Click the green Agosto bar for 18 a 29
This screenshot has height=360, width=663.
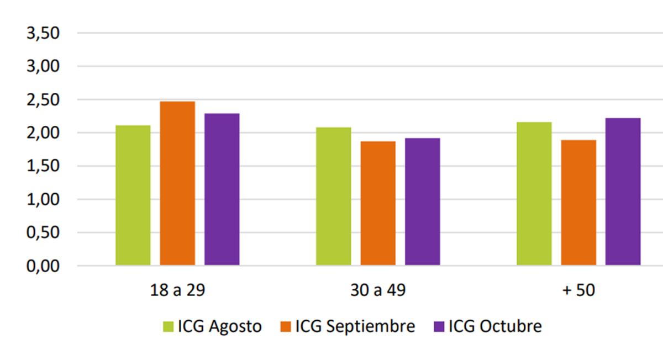click(133, 195)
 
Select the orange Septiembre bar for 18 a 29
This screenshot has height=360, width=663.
click(177, 183)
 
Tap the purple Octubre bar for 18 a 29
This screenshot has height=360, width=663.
click(222, 189)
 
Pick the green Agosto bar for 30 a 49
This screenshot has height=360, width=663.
click(333, 197)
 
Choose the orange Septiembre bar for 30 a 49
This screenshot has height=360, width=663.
click(378, 203)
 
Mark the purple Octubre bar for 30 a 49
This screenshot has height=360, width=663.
click(422, 202)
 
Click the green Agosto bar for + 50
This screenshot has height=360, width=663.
click(534, 194)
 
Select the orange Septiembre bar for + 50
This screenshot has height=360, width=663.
click(578, 203)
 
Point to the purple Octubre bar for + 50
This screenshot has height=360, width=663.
click(623, 192)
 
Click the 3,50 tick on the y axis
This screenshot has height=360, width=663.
click(43, 33)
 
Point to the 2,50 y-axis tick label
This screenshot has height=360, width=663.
click(43, 100)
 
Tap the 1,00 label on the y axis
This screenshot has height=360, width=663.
click(43, 199)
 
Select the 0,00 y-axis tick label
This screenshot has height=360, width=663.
click(43, 266)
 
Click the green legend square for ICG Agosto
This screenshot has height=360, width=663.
click(169, 327)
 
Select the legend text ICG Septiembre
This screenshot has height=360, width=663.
click(355, 326)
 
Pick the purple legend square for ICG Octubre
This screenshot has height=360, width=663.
click(439, 327)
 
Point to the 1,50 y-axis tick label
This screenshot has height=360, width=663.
click(43, 166)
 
